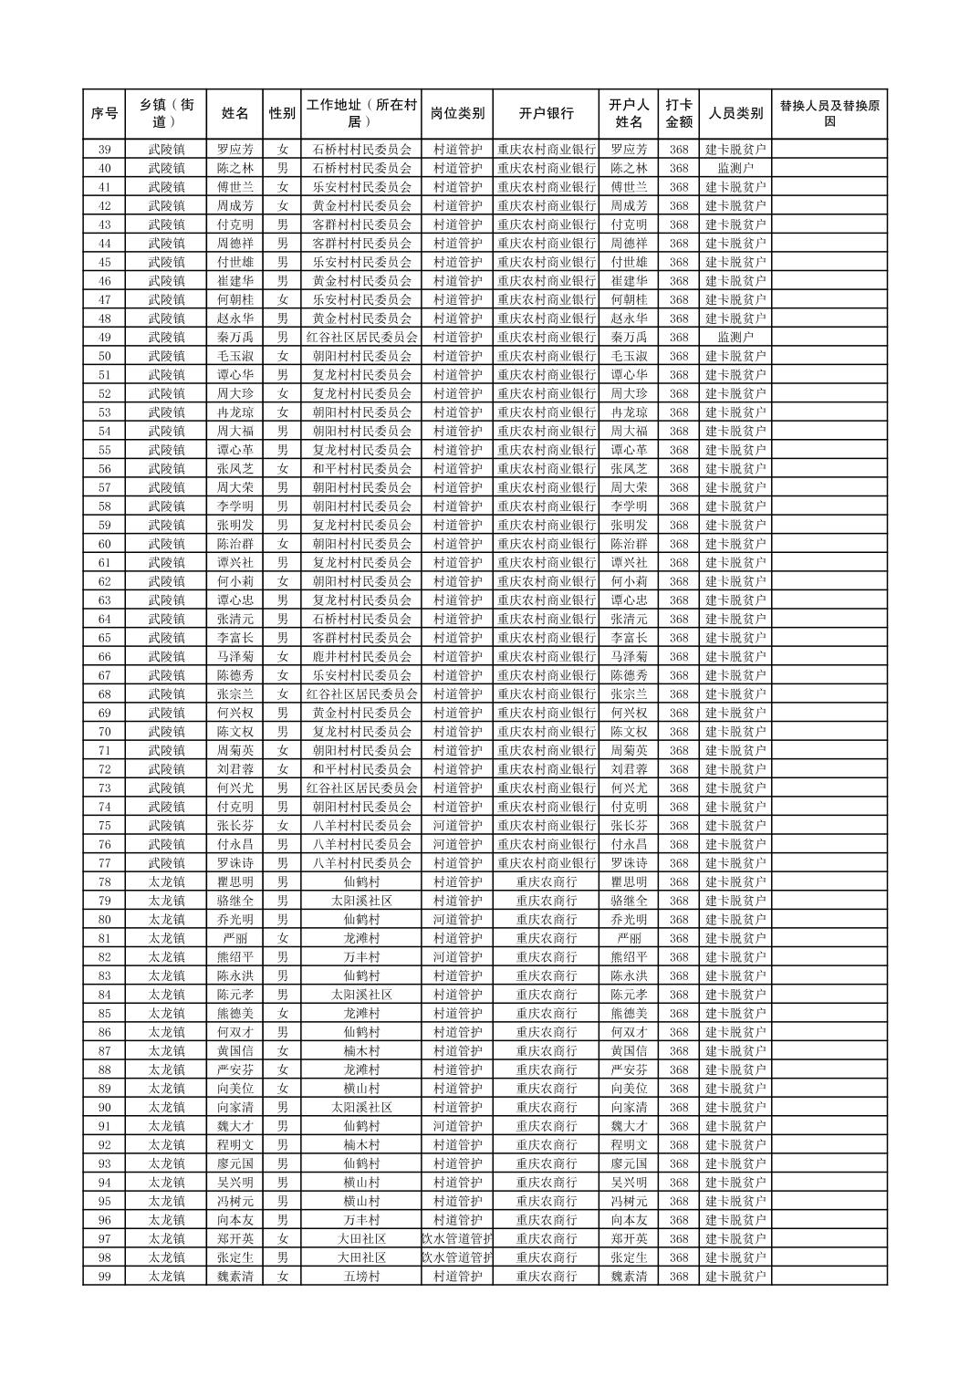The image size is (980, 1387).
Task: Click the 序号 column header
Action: pos(104,114)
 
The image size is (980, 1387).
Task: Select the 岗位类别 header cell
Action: pos(457,114)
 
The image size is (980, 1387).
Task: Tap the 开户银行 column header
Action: pos(546,114)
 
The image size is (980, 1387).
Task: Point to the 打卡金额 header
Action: pos(678,114)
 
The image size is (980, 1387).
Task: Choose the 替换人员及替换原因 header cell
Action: pos(829,114)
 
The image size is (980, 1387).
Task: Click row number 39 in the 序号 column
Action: pos(104,150)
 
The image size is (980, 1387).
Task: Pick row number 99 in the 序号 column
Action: pos(104,1277)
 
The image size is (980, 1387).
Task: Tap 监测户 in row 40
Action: pos(735,168)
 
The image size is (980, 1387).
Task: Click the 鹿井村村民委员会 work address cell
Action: pos(361,657)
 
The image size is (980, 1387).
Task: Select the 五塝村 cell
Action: pos(361,1277)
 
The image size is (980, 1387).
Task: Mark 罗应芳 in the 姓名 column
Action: pos(235,150)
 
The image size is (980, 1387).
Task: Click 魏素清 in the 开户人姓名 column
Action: pos(629,1277)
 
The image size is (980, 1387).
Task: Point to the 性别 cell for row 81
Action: pos(283,938)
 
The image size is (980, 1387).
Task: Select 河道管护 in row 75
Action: pos(457,826)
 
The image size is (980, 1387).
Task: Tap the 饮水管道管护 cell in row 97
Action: pos(457,1239)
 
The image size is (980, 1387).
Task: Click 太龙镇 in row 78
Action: pos(167,882)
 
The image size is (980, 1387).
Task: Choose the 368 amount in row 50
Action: pos(678,356)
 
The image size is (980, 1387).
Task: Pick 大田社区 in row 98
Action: pos(361,1257)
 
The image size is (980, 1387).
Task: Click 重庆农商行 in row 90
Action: pos(546,1107)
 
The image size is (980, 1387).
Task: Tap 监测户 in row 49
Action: pos(735,338)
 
